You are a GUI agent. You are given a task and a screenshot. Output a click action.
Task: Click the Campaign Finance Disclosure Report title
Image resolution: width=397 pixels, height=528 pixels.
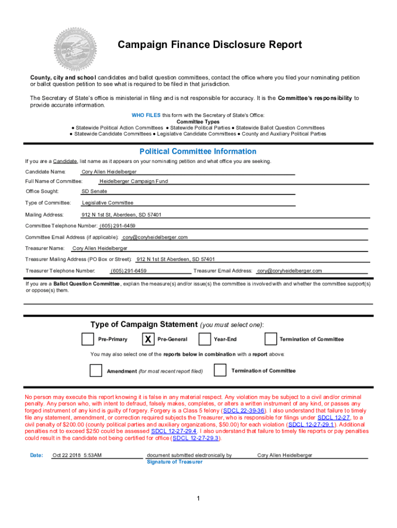pyautogui.click(x=210, y=45)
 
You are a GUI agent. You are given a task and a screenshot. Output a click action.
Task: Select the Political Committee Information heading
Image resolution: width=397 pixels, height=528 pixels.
pyautogui.click(x=198, y=151)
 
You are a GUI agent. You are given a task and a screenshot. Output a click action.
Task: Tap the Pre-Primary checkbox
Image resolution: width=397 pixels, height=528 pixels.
pyautogui.click(x=88, y=339)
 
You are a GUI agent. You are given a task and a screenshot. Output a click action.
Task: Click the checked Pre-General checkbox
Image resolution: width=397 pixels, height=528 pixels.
pyautogui.click(x=147, y=339)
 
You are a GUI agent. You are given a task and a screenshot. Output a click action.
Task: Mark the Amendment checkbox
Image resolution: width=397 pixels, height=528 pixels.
pyautogui.click(x=96, y=371)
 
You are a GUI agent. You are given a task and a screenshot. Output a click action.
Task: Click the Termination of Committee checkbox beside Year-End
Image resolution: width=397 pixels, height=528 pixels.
pyautogui.click(x=271, y=339)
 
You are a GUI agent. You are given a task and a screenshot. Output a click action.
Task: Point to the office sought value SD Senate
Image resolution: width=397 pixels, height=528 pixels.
pyautogui.click(x=94, y=191)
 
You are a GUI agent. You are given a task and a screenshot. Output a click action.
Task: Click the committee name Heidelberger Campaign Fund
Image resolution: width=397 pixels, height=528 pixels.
pyautogui.click(x=134, y=181)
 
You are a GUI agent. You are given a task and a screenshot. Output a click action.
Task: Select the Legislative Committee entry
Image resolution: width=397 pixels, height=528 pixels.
pyautogui.click(x=107, y=203)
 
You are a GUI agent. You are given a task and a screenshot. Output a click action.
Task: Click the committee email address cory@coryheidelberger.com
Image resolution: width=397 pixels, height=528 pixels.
pyautogui.click(x=155, y=237)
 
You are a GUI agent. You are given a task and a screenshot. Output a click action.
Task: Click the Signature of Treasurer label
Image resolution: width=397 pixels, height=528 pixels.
pyautogui.click(x=174, y=461)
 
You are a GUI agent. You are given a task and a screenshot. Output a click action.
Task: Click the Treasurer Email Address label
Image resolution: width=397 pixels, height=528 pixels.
pyautogui.click(x=223, y=271)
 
